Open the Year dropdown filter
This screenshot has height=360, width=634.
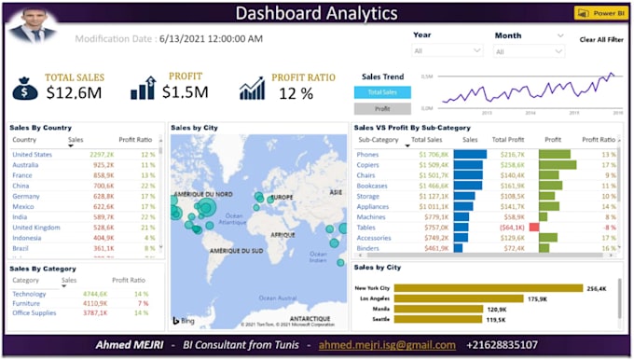tap(448, 50)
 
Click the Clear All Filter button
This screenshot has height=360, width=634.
tap(600, 40)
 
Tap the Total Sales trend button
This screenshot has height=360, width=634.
tap(381, 91)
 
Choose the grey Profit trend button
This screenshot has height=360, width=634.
tap(381, 109)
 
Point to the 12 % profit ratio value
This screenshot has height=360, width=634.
tap(296, 93)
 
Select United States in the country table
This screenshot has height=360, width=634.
tap(33, 154)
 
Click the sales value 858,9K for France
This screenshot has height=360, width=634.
tap(103, 174)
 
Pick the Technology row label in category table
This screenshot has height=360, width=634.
tap(30, 293)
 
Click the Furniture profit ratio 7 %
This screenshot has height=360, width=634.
tap(143, 303)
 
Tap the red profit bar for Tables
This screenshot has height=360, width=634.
tap(534, 227)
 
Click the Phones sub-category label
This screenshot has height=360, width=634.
tap(368, 154)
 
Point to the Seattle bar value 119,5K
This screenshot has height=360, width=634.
tap(495, 319)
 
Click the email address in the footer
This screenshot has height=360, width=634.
tap(386, 345)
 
